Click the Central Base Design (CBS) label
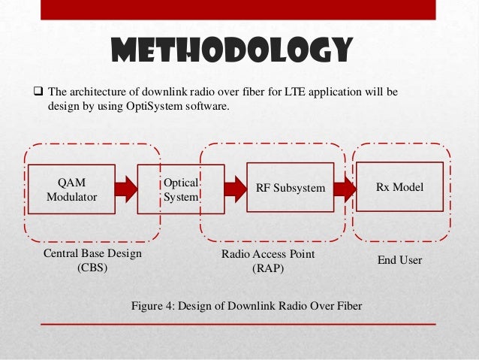point(92,262)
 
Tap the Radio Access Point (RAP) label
point(267,262)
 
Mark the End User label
point(399,260)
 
